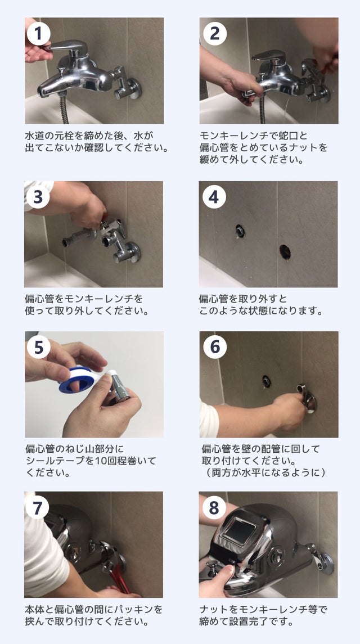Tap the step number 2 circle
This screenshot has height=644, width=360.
pyautogui.click(x=214, y=34)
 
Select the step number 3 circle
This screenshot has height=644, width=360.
pyautogui.click(x=38, y=197)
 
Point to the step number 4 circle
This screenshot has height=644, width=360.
pyautogui.click(x=214, y=197)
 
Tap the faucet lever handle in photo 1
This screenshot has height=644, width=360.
pyautogui.click(x=69, y=47)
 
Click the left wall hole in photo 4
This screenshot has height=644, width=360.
pyautogui.click(x=240, y=231)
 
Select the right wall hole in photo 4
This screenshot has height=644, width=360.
pyautogui.click(x=285, y=252)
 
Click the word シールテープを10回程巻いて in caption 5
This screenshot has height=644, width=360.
pyautogui.click(x=91, y=461)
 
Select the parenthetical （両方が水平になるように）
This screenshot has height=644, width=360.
pyautogui.click(x=265, y=472)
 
